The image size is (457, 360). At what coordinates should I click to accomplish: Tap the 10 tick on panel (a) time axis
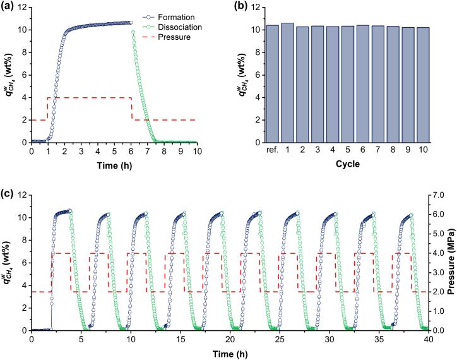[x=197, y=152]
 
